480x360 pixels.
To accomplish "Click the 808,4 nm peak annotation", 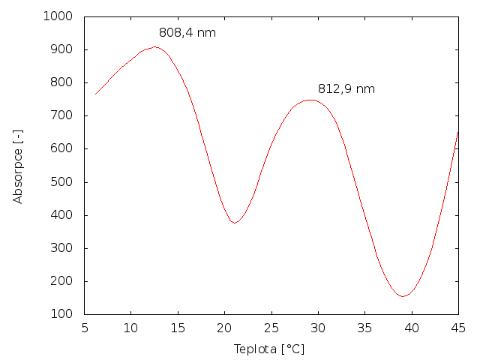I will click(187, 33).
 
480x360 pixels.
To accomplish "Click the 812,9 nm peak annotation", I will click(346, 89).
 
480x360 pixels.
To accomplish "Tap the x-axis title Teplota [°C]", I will click(268, 349).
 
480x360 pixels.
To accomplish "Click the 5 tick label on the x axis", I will click(84, 328).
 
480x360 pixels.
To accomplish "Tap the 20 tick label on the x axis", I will click(224, 328).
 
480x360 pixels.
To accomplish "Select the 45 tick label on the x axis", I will click(457, 328).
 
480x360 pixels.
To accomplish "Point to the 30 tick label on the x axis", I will click(318, 328).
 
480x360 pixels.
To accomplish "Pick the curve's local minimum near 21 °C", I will click(235, 223).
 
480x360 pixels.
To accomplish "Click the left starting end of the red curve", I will click(95, 94).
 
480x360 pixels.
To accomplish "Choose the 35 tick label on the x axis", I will click(364, 328).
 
